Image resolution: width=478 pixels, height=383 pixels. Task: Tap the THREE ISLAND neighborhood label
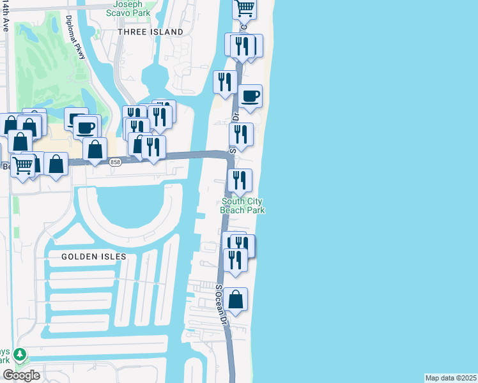click(x=150, y=31)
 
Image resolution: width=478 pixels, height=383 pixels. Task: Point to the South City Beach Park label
click(x=242, y=206)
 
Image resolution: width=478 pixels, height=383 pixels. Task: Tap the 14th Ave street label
click(x=6, y=18)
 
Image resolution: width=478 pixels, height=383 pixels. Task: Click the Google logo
click(x=21, y=375)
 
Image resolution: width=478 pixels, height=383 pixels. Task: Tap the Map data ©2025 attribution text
click(x=451, y=378)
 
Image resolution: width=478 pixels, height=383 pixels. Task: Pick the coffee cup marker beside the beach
click(x=251, y=96)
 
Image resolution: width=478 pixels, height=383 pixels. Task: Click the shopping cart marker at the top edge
click(x=245, y=8)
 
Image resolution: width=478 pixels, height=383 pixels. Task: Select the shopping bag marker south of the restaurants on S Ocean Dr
click(x=235, y=299)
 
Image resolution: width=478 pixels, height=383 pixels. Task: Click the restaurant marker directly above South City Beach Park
click(x=240, y=181)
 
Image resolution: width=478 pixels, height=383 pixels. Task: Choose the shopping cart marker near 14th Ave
click(x=23, y=166)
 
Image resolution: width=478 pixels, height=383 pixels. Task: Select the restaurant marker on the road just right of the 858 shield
click(x=153, y=147)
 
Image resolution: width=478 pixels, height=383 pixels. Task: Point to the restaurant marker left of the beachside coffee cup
click(x=225, y=82)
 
